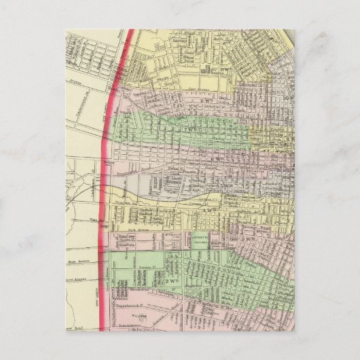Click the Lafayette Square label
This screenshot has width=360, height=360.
(202, 238)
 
